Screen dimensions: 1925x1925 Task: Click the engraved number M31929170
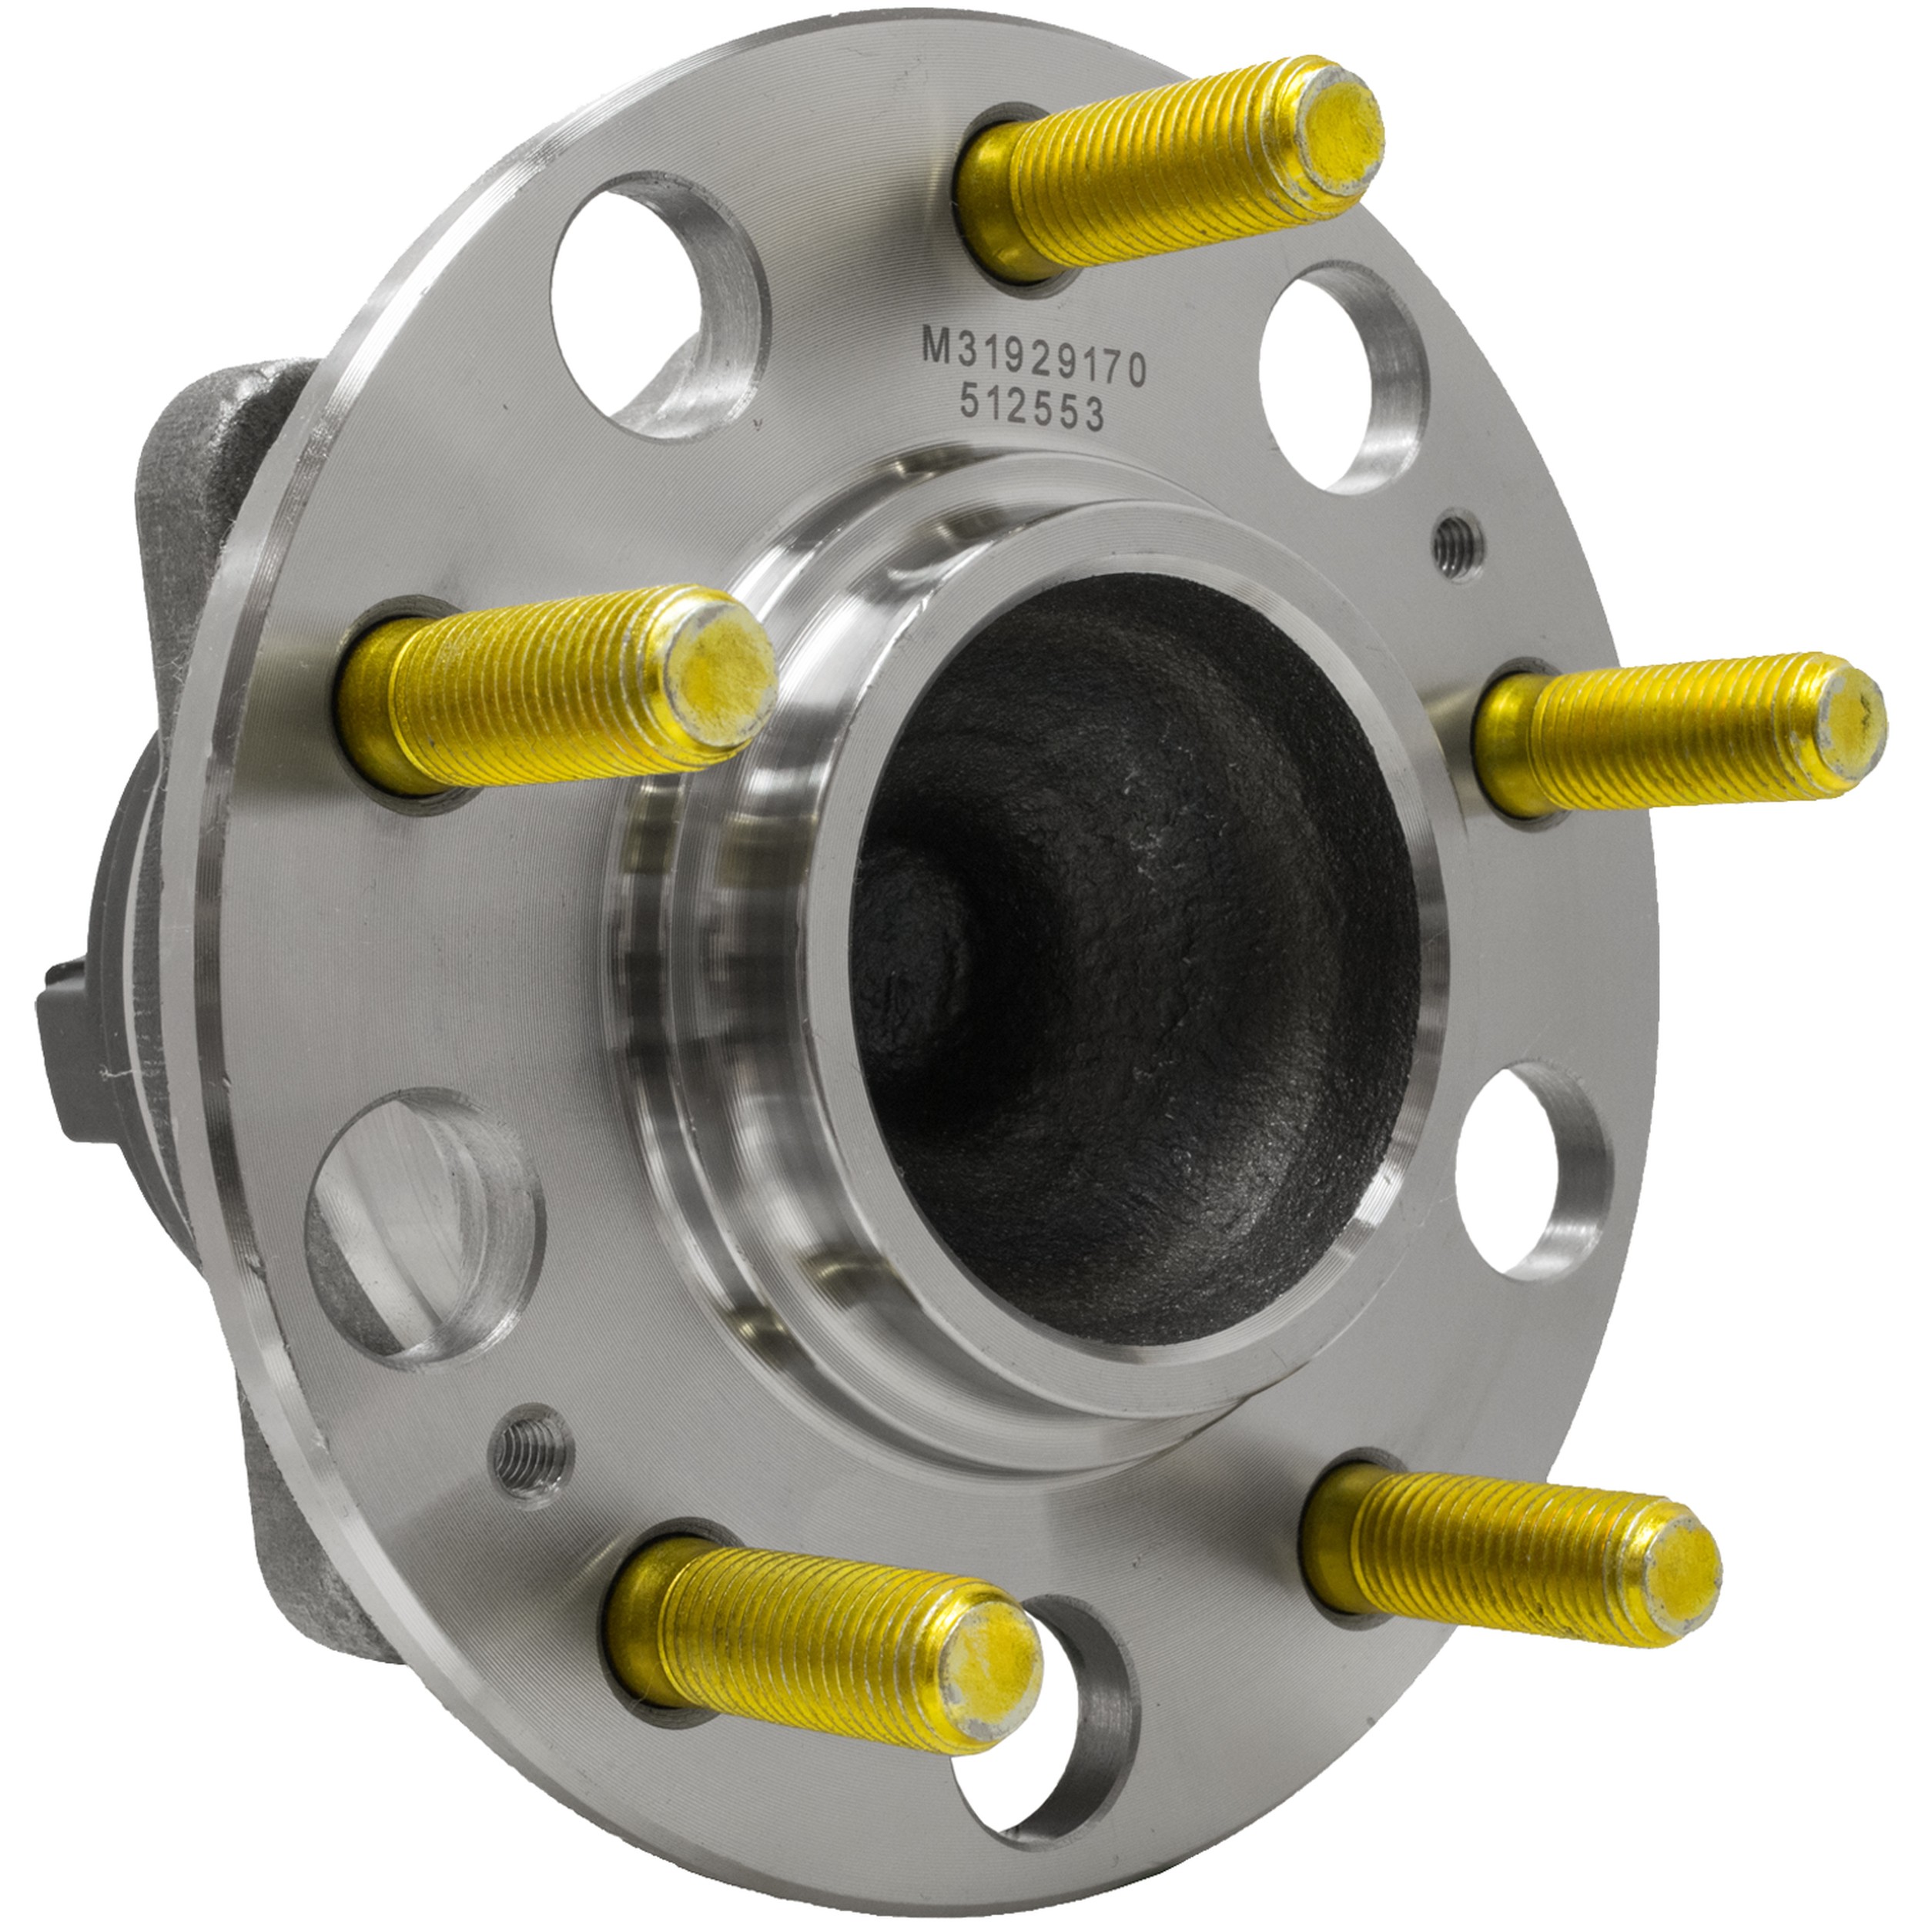(x=1034, y=362)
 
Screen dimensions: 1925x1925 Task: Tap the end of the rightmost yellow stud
(x=1846, y=723)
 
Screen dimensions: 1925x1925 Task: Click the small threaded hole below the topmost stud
(x=1458, y=543)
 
